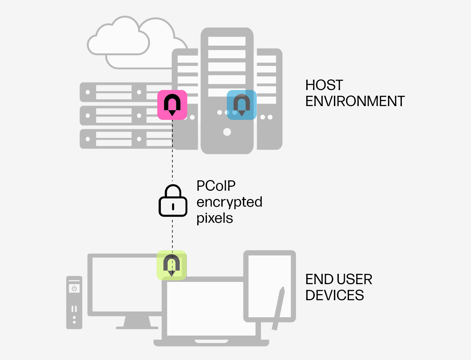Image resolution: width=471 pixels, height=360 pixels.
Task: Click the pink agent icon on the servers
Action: click(172, 105)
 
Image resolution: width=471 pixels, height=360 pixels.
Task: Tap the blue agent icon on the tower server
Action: click(242, 105)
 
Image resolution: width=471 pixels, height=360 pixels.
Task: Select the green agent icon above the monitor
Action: click(171, 265)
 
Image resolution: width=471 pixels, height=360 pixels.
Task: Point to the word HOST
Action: click(324, 85)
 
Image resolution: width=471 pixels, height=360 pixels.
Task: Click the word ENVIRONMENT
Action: click(355, 101)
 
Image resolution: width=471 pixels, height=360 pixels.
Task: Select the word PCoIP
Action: click(216, 186)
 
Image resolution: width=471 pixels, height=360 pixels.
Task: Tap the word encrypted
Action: click(229, 202)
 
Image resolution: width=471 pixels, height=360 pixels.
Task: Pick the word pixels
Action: click(215, 218)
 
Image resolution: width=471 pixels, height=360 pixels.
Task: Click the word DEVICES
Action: click(335, 295)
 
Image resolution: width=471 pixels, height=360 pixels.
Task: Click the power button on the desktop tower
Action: click(74, 288)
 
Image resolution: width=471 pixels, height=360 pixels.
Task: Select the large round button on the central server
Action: click(227, 132)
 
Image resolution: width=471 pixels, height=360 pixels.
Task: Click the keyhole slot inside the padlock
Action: click(173, 207)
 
